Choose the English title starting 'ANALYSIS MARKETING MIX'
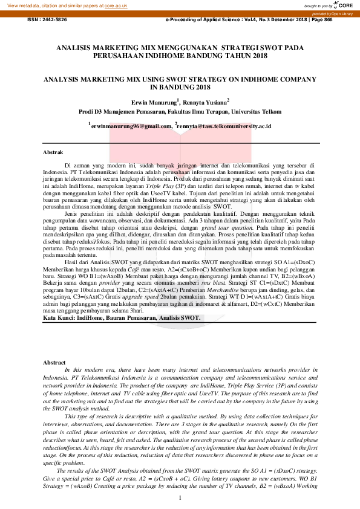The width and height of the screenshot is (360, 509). point(180,83)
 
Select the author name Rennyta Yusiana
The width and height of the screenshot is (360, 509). point(206,103)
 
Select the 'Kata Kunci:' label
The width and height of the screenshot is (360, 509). point(59,317)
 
